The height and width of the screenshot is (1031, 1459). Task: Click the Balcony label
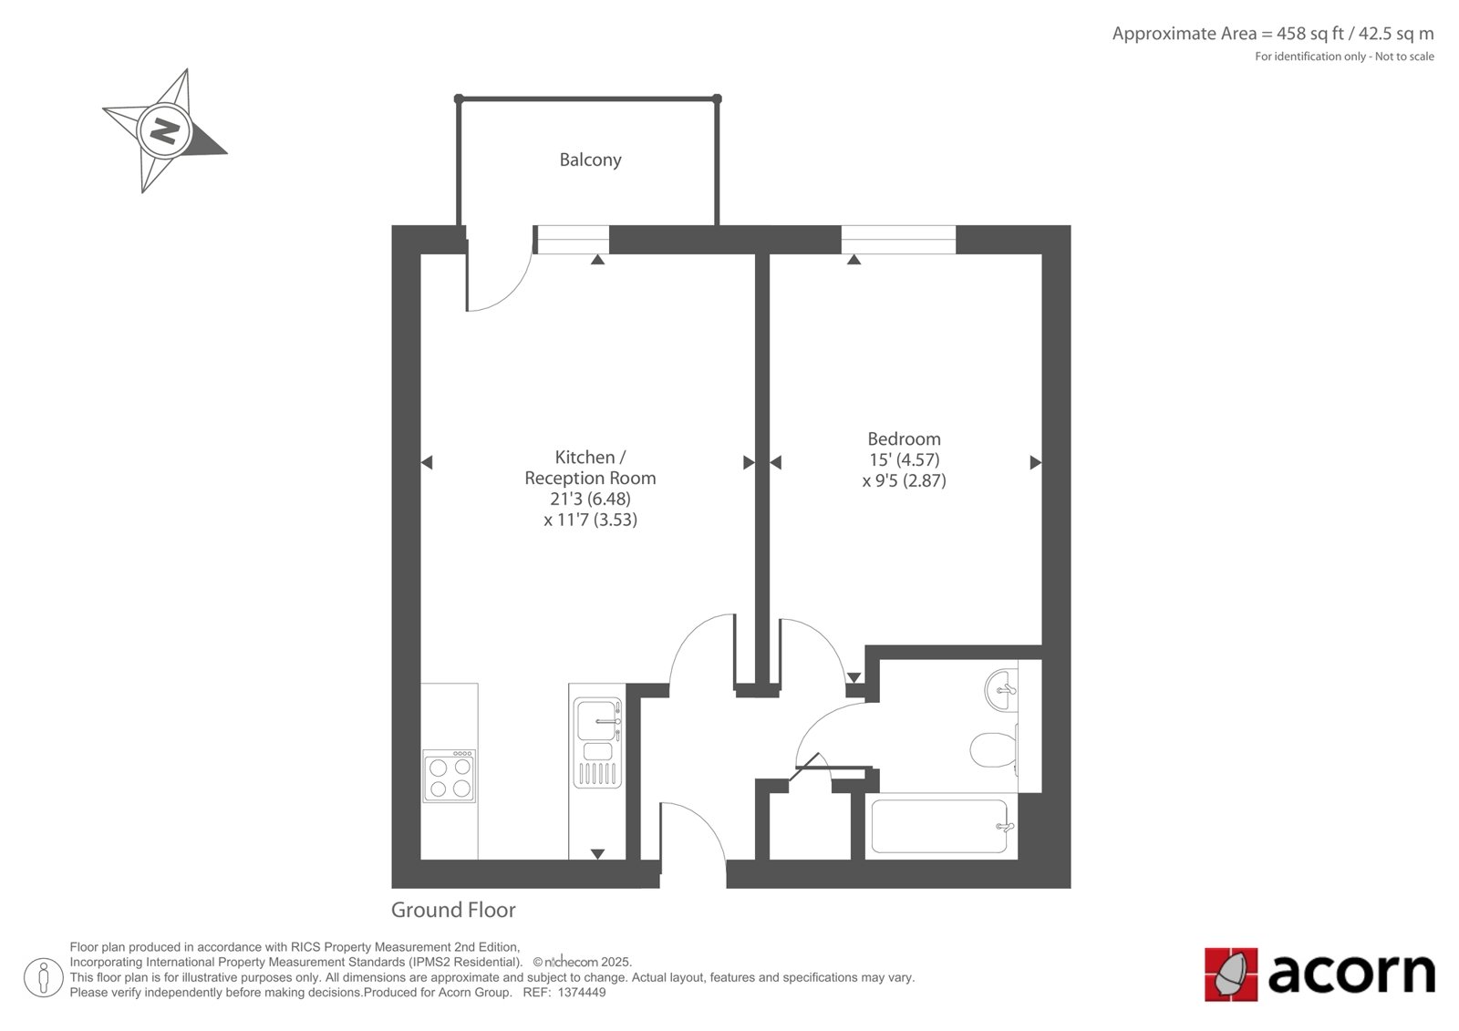590,160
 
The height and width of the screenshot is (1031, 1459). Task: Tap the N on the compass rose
165,131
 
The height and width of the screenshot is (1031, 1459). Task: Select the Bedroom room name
904,438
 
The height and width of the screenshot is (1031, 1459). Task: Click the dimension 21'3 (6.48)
590,499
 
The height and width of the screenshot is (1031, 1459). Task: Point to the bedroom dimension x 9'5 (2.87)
904,480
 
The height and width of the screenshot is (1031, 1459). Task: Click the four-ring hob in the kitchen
450,776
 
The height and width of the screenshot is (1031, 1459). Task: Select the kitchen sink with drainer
597,742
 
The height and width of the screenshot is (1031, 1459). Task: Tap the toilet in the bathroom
993,749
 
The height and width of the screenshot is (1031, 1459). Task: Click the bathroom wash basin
1002,690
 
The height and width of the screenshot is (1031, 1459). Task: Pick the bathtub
940,826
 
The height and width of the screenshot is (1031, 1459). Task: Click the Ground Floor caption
453,910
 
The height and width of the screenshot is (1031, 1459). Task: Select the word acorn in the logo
1351,974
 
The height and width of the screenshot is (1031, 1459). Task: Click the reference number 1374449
582,993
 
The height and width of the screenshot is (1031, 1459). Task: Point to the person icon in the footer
43,977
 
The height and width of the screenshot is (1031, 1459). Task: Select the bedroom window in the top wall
898,240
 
